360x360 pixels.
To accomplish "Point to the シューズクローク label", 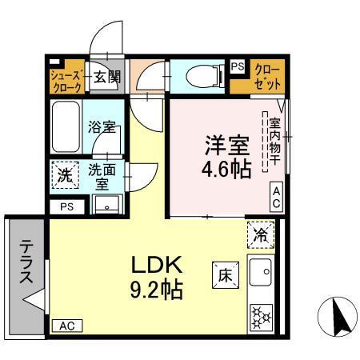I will (65, 78).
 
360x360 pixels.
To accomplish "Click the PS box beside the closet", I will (238, 67).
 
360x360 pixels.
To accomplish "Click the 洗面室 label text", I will (102, 175).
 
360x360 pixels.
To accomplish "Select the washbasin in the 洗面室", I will (106, 206).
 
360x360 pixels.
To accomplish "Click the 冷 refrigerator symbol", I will (260, 234).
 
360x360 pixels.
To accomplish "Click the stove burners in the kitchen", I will (262, 316).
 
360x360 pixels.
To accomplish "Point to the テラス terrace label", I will (26, 264).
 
